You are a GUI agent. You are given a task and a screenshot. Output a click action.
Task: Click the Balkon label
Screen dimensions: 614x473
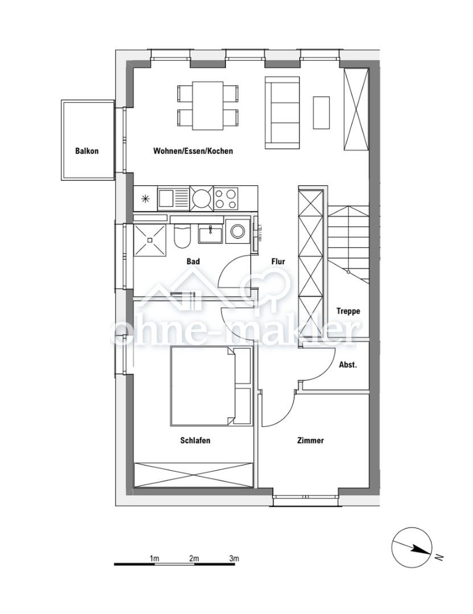tap(87, 151)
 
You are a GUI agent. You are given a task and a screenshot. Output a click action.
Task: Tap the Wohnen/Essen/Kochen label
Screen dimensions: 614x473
tap(193, 151)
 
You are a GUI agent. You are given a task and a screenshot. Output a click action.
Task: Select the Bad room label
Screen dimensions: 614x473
tap(193, 262)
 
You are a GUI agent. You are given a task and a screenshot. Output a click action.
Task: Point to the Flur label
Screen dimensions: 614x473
tap(278, 262)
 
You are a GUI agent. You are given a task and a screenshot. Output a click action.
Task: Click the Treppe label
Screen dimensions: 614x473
tap(348, 311)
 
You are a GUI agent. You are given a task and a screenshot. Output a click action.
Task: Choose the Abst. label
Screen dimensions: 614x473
tap(348, 365)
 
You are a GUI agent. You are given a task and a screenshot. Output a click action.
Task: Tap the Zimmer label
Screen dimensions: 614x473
tap(310, 440)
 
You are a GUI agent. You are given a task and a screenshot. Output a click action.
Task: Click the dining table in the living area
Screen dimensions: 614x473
tap(208, 106)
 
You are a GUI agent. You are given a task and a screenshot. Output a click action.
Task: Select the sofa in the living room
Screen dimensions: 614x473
tap(282, 112)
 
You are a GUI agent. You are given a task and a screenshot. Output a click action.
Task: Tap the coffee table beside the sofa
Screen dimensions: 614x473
tap(321, 112)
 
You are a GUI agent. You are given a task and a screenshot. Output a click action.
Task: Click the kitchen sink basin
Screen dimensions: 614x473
tap(166, 198)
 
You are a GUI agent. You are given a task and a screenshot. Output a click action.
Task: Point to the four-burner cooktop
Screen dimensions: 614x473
tap(225, 198)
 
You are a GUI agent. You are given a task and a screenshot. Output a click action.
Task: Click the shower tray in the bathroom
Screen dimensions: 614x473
tap(150, 240)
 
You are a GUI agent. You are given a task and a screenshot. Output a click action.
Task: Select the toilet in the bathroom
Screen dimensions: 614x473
tap(182, 238)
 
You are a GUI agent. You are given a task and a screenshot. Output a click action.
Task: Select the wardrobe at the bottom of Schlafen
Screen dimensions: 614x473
tap(194, 475)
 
